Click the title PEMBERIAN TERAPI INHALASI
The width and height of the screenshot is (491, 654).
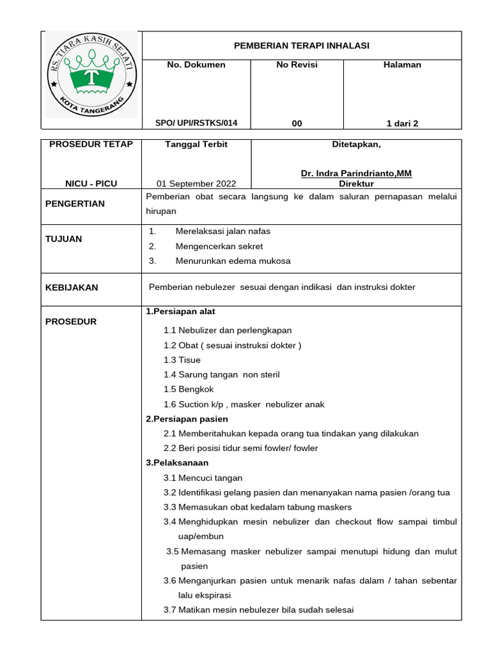[301, 45]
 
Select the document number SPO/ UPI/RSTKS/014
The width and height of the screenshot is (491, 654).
[196, 123]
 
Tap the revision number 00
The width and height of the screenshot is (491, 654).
[297, 123]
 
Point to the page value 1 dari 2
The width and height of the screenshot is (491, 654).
[402, 123]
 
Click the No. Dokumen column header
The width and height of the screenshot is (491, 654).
[196, 65]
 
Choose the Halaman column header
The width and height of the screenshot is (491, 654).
[402, 65]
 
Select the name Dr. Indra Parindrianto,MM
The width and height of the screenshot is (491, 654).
[356, 174]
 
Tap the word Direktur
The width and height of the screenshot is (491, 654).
[356, 184]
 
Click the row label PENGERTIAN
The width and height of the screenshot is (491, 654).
[74, 204]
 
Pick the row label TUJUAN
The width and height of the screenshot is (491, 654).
[63, 239]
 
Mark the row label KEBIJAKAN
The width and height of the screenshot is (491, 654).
[72, 287]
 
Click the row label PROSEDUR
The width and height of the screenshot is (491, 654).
[71, 321]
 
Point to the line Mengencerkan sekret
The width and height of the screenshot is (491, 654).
[221, 246]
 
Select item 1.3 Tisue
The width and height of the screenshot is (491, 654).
[182, 360]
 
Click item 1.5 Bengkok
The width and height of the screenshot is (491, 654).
[189, 389]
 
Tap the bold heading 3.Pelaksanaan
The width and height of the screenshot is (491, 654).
[177, 462]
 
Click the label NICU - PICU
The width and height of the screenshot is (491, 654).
[91, 184]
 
